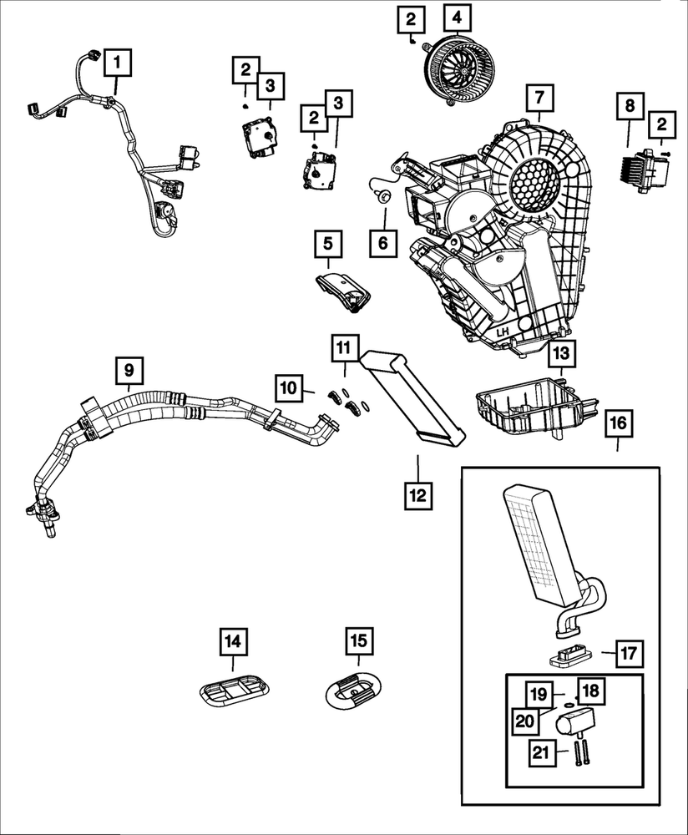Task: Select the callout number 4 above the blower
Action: pos(457,18)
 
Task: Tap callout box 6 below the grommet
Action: pos(383,244)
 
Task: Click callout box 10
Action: pos(288,387)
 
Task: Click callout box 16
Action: pos(618,423)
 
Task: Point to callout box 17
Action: pos(629,653)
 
